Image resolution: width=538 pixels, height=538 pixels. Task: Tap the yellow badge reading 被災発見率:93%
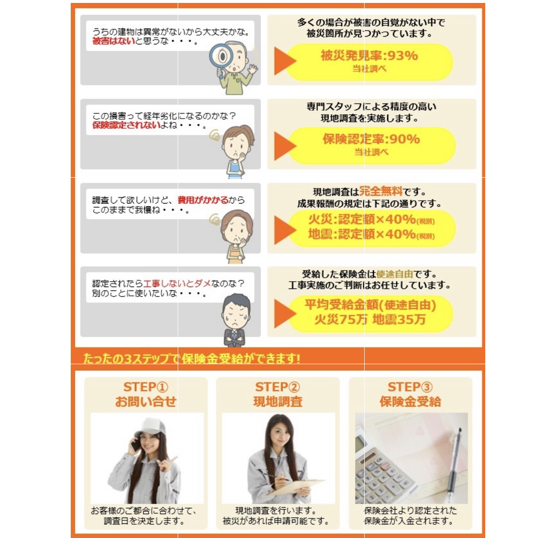[369, 62]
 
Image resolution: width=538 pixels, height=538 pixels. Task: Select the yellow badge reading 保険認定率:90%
[372, 145]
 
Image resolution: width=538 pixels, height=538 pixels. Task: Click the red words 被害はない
[114, 41]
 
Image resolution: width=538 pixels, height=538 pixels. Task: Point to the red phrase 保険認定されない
[126, 125]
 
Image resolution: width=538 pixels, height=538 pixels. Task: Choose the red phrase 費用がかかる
[203, 200]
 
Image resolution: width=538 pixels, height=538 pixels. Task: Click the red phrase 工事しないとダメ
[177, 284]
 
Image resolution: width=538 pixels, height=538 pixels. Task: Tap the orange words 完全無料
[380, 191]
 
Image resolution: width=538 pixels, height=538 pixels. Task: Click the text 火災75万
[341, 319]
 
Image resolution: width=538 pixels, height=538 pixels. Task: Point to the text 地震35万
[399, 319]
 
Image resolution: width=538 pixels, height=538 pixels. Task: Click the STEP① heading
[146, 387]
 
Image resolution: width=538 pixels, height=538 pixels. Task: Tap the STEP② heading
[278, 387]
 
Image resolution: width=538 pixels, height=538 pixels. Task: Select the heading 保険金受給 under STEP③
[411, 401]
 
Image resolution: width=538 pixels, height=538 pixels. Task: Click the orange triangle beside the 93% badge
[285, 61]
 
